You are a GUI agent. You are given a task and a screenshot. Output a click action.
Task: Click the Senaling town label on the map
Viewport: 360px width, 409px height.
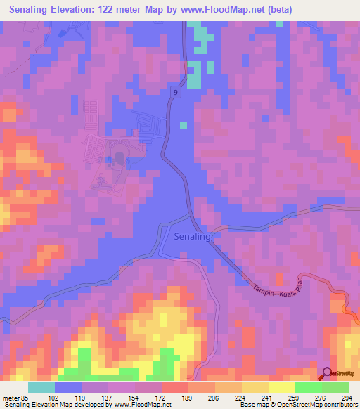point(191,237)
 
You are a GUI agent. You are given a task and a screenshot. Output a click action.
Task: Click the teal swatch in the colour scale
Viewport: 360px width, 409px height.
point(41,387)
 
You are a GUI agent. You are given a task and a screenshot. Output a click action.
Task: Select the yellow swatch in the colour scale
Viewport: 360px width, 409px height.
point(281,387)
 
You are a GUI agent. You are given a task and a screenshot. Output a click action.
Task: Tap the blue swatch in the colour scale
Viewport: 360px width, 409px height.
point(68,387)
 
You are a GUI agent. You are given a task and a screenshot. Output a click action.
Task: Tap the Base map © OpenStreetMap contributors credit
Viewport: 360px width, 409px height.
point(302,405)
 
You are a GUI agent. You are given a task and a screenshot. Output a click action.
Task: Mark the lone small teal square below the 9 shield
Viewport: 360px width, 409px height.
point(183,126)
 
